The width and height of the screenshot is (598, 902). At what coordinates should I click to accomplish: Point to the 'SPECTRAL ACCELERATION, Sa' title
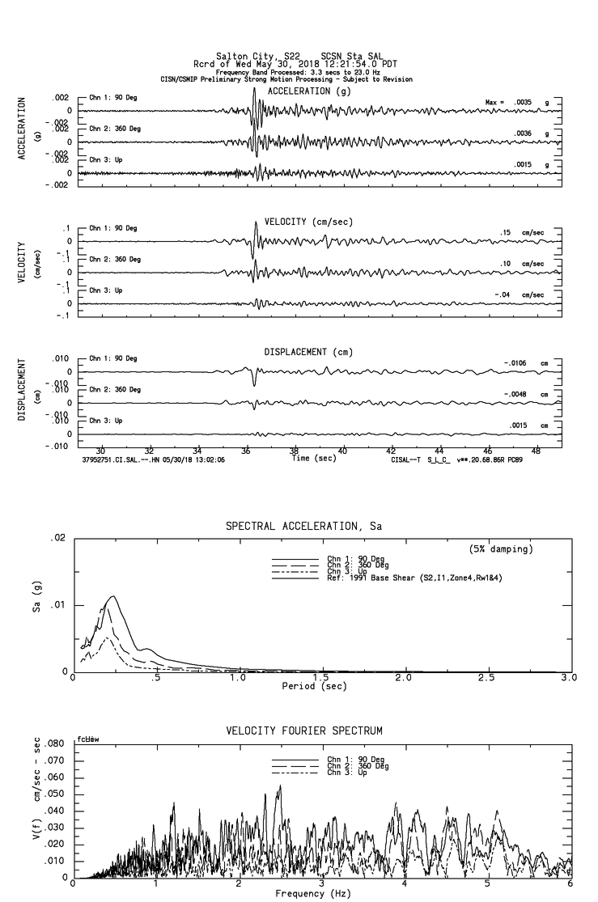tap(303, 527)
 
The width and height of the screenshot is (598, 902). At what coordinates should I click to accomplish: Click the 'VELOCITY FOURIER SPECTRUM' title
tap(303, 730)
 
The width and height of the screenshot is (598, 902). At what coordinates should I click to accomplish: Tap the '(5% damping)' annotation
tap(501, 549)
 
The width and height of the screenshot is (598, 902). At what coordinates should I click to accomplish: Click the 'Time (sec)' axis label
tap(315, 458)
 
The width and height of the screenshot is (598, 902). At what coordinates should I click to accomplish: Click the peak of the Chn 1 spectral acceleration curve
tap(113, 596)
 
